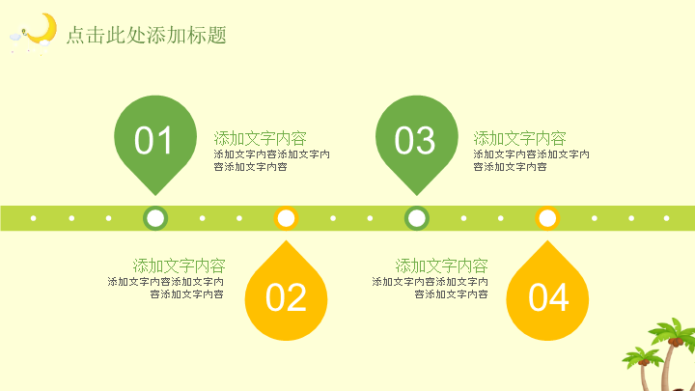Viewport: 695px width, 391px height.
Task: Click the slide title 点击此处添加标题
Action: point(147,35)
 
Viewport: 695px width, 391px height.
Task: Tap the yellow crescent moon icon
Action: point(43,28)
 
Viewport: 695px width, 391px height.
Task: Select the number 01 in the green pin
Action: point(153,140)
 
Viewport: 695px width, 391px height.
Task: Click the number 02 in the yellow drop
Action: point(286,297)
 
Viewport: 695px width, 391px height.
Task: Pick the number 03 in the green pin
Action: point(415,140)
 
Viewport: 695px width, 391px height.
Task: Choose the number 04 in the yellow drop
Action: point(548,297)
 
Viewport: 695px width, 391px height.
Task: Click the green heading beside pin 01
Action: point(261,138)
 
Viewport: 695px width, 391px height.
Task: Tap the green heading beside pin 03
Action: point(519,138)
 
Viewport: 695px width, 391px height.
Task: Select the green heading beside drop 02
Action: point(180,266)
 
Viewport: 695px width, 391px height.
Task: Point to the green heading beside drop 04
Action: point(441,266)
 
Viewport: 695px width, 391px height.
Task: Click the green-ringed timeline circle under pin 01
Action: point(155,218)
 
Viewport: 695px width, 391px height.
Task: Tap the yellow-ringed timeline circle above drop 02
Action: point(286,218)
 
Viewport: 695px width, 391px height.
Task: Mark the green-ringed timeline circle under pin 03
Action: point(417,218)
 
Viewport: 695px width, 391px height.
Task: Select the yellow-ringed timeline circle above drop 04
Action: point(547,218)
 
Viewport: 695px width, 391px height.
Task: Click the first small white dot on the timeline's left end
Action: point(33,218)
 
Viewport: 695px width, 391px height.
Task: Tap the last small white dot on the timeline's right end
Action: point(666,218)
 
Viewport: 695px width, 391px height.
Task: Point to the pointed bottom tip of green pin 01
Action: point(155,195)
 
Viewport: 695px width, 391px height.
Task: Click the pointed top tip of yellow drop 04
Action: point(547,241)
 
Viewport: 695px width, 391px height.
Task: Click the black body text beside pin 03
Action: point(531,160)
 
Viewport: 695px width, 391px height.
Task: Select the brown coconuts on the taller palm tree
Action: point(676,342)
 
